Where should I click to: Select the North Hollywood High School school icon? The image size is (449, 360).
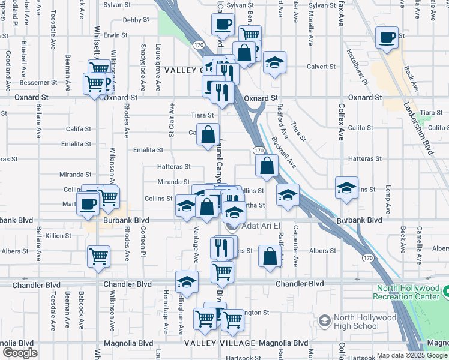(325, 322)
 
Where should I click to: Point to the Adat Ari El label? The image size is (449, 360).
(261, 226)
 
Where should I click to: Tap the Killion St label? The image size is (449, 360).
(58, 236)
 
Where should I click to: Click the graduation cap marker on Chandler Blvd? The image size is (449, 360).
(187, 281)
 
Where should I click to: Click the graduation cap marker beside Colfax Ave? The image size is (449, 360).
(346, 187)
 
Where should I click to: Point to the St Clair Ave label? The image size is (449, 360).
(172, 124)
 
